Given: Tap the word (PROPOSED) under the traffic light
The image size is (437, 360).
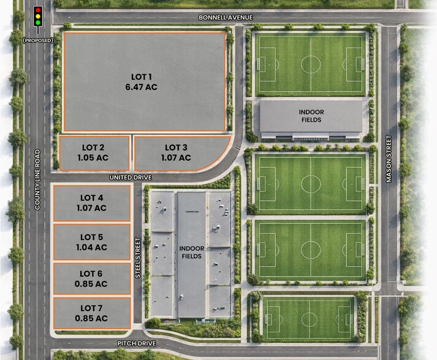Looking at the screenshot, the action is tap(37, 40).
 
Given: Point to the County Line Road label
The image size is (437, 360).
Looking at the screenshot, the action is tap(37, 180).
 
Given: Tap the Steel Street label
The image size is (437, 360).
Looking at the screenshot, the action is tap(138, 258).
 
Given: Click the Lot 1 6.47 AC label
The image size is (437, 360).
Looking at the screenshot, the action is tap(144, 81).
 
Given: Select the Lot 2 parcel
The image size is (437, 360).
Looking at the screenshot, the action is tap(93, 152).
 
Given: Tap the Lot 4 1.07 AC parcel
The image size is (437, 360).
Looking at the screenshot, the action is tap(92, 203).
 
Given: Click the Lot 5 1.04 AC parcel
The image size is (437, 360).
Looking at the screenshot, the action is tap(92, 242).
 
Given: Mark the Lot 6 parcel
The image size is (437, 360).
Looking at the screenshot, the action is tap(92, 279).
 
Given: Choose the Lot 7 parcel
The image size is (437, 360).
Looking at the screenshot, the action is tap(92, 313).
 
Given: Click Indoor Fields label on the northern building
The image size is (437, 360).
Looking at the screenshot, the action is tap(311, 116).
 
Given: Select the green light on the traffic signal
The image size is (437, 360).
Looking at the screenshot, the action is tap(37, 23).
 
